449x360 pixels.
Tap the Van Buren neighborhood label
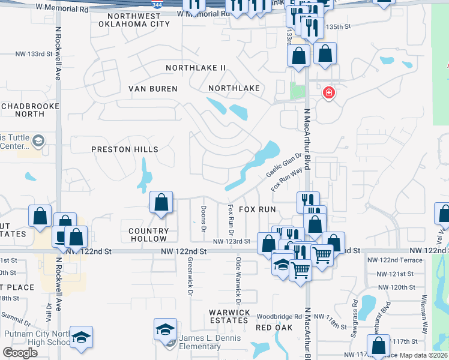point(153,89)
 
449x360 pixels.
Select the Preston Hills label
point(125,149)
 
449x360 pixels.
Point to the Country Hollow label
point(149,235)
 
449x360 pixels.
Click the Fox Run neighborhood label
point(257,209)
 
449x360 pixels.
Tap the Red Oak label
point(274,328)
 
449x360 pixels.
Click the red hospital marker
point(328,93)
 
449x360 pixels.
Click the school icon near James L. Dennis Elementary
point(165,329)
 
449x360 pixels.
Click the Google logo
point(20,353)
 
